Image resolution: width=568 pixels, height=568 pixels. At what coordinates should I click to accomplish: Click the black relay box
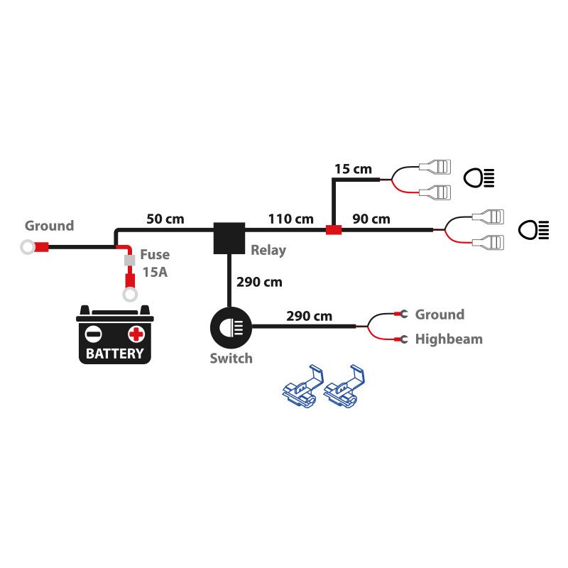(229, 238)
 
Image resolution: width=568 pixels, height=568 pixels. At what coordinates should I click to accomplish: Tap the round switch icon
(230, 327)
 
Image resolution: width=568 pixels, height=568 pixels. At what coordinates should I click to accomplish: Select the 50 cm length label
(165, 219)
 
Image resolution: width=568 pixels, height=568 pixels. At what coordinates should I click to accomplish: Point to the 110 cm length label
(290, 219)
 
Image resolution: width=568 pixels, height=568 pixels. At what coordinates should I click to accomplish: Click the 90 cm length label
(371, 219)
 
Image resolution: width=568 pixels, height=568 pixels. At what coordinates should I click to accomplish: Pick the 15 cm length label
(353, 169)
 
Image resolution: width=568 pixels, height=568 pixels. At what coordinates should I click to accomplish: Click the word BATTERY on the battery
(114, 353)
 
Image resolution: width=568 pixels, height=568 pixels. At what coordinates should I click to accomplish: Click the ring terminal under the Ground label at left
(28, 248)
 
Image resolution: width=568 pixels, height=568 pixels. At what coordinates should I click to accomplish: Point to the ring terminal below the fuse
(129, 294)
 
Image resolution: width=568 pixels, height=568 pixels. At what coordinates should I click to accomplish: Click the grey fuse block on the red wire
(129, 261)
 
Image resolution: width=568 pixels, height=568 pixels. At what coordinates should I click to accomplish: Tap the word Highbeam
(449, 339)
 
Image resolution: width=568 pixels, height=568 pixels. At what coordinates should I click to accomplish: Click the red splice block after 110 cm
(333, 230)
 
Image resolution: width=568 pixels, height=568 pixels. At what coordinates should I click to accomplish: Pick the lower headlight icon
(532, 229)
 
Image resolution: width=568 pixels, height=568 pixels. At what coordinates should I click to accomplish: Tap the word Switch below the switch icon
(231, 359)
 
